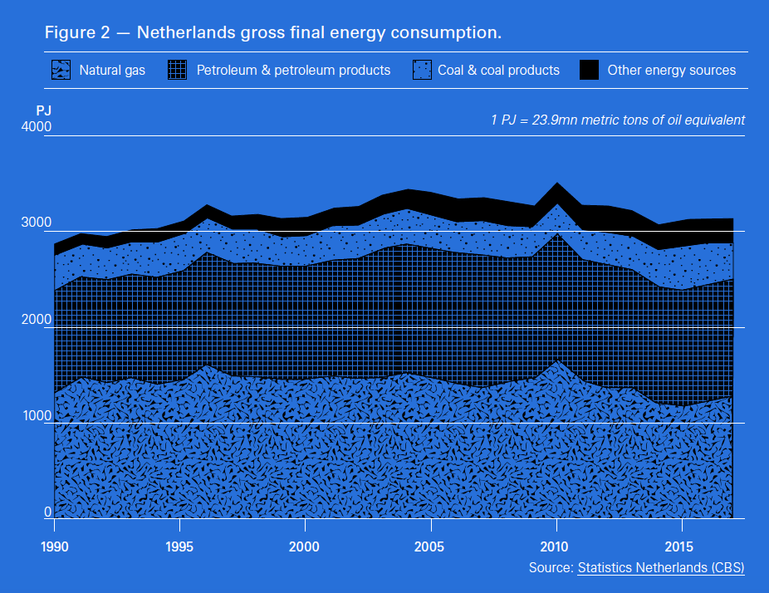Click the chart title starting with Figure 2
click(x=273, y=33)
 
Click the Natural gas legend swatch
click(x=61, y=70)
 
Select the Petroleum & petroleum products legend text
click(x=293, y=71)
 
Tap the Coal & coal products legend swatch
click(x=423, y=70)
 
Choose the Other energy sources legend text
click(x=671, y=71)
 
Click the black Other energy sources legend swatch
click(x=589, y=70)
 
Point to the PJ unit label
click(x=44, y=110)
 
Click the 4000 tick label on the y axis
click(x=37, y=127)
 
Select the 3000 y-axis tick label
click(x=37, y=223)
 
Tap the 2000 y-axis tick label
click(x=37, y=320)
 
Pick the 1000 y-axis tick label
click(x=37, y=416)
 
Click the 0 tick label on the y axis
click(x=47, y=512)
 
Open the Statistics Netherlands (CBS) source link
click(x=661, y=568)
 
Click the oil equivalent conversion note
click(x=618, y=120)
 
